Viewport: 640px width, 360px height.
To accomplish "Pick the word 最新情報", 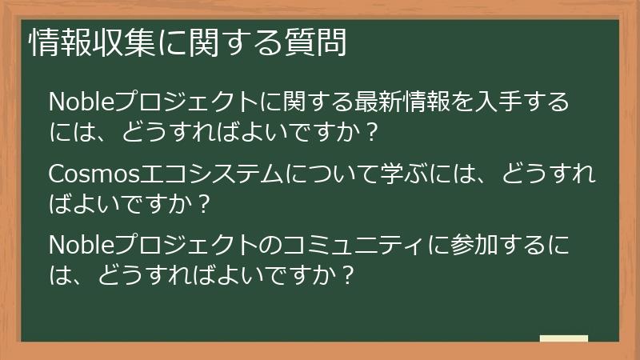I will click(420, 103).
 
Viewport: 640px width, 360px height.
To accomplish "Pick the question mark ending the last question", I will click(346, 275).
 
